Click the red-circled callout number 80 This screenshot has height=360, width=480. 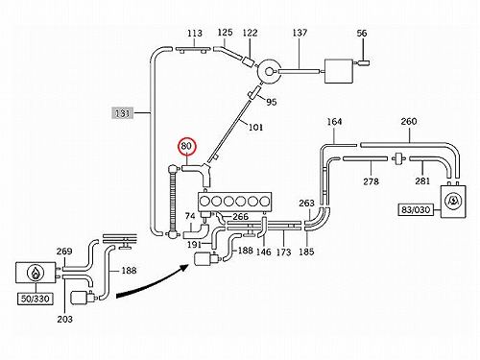coord(186,146)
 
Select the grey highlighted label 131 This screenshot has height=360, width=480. coord(123,113)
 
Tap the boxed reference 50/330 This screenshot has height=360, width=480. coord(36,299)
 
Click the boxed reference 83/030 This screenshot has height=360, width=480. coord(416,210)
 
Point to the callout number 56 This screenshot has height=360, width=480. coord(362,34)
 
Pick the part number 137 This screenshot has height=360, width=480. coord(300,33)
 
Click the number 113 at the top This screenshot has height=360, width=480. coord(195,33)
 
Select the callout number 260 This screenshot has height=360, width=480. coord(409,122)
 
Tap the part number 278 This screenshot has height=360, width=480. coord(371,181)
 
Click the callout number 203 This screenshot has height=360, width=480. coord(64,319)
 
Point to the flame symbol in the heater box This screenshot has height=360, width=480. coord(35,273)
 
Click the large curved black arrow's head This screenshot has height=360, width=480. coord(184,268)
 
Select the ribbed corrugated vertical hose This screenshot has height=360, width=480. coord(174,202)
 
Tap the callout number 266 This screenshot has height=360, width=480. coord(241,217)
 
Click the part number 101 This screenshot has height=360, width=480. coord(255,128)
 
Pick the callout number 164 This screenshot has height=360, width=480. coord(334,122)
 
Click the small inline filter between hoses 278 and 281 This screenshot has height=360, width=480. coord(398,158)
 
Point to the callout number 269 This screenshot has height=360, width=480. coord(64,252)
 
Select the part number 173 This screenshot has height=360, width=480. coord(283,252)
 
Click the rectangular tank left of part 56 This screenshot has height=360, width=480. coord(339,71)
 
